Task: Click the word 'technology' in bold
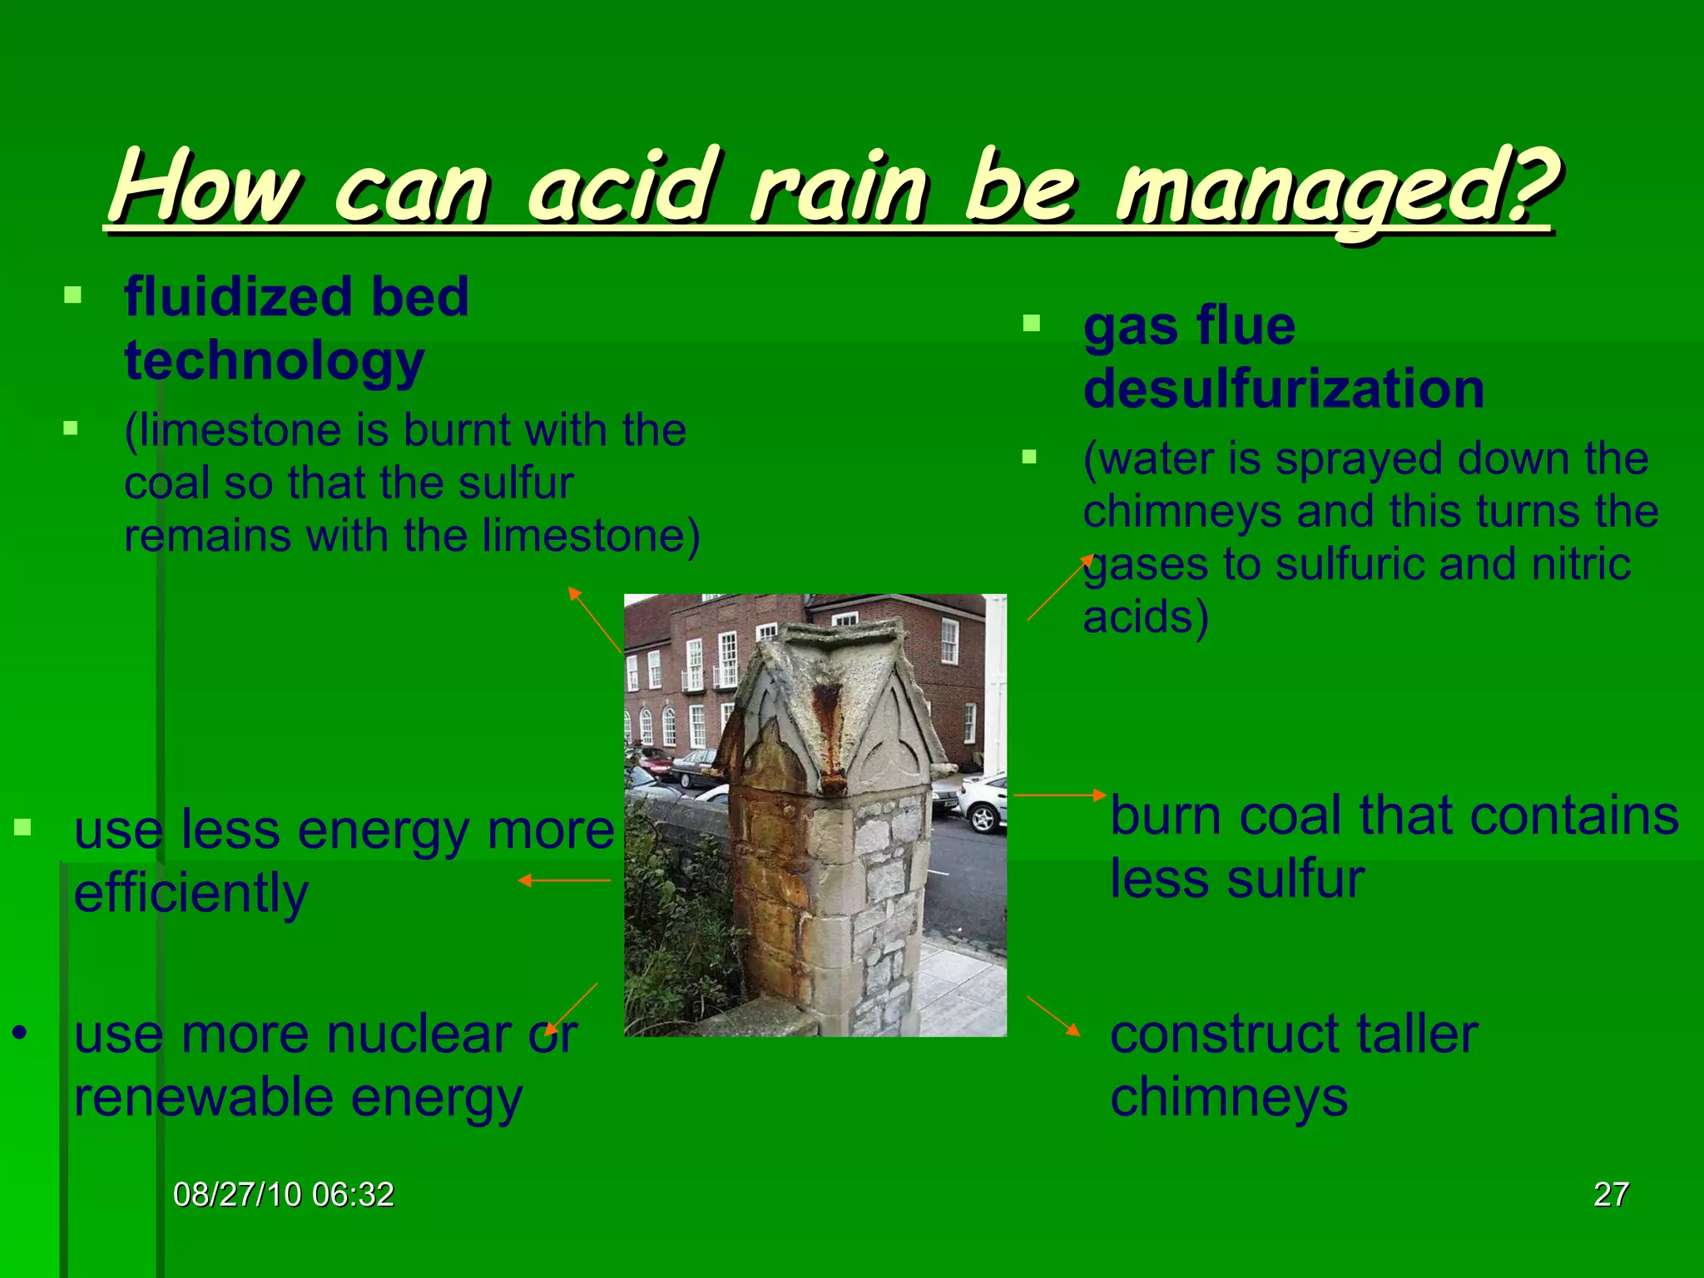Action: click(x=275, y=361)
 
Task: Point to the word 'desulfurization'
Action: click(x=1283, y=389)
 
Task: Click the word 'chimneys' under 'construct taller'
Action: click(x=1228, y=1097)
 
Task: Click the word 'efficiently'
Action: click(x=191, y=894)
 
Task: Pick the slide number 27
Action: click(x=1611, y=1195)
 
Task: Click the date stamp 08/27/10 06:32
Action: click(x=283, y=1195)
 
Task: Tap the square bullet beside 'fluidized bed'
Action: click(x=72, y=295)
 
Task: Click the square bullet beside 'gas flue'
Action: click(x=1031, y=323)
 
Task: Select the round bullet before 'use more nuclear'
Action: click(x=20, y=1033)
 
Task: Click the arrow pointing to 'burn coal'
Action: click(x=1059, y=795)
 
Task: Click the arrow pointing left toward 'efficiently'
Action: click(x=564, y=880)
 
